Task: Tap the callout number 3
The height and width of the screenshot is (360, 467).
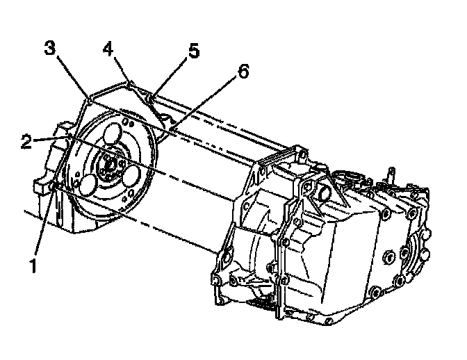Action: coord(49,49)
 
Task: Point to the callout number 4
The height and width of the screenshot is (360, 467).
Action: coord(108,50)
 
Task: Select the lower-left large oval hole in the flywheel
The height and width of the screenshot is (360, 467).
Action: coord(88,185)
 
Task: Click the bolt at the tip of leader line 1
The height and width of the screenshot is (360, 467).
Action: coord(53,186)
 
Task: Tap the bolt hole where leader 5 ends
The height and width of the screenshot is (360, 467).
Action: coord(152,98)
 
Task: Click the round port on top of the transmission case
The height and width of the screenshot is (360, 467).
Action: coord(325,191)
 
